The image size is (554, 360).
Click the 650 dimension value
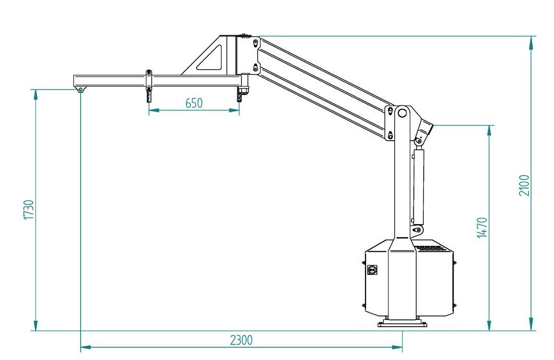[194, 103]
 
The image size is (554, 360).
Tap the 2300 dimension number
[241, 340]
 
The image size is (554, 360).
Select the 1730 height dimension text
[29, 209]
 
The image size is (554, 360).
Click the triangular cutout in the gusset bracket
[211, 59]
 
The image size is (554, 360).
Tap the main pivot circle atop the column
[401, 113]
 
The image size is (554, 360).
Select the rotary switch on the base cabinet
[372, 270]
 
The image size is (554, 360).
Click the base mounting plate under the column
[402, 324]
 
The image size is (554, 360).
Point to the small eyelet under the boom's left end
[81, 90]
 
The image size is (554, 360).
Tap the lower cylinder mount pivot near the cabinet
[418, 229]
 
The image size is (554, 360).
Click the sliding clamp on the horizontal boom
[149, 79]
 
